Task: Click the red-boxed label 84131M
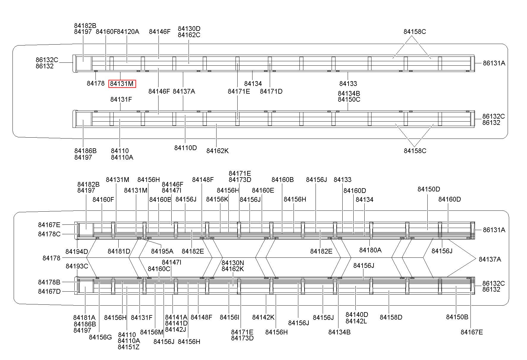click(122, 84)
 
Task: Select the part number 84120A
click(128, 32)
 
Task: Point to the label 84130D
click(189, 29)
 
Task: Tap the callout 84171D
click(271, 91)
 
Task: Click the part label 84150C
click(349, 99)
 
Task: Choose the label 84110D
click(185, 148)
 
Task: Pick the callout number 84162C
click(189, 35)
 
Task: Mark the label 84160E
click(263, 190)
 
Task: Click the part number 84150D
click(429, 189)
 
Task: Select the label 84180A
click(370, 250)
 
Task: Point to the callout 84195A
click(162, 251)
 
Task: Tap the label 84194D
click(76, 252)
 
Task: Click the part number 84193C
click(77, 266)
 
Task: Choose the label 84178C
click(49, 234)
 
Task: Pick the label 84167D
click(49, 291)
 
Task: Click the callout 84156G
click(100, 337)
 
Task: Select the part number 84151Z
click(128, 347)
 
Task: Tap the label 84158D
click(391, 317)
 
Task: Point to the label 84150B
click(457, 317)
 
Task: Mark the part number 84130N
click(233, 263)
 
